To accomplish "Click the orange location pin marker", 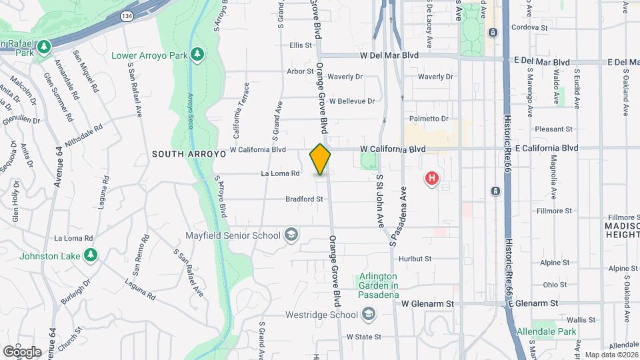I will (x=321, y=159).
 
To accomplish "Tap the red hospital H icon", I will (x=432, y=179).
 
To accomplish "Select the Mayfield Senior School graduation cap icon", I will (x=291, y=234).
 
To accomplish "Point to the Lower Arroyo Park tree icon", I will (x=197, y=53).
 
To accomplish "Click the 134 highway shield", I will (x=126, y=15).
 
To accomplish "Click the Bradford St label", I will (x=304, y=199).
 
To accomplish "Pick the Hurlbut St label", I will (x=415, y=259).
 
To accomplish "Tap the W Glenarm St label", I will (x=427, y=303).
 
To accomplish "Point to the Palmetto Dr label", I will (x=429, y=119).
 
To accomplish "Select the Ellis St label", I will (x=301, y=45).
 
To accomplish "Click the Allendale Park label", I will (x=547, y=331).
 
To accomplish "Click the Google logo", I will (x=22, y=351).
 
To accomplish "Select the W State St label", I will (x=363, y=337).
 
